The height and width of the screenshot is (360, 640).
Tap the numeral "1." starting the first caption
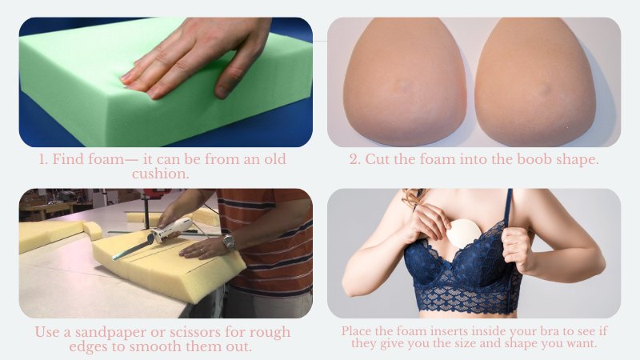click(45, 159)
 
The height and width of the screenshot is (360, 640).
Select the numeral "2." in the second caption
click(354, 159)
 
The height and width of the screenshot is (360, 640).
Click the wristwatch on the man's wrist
click(229, 241)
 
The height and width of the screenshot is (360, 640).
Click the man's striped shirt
click(272, 232)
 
